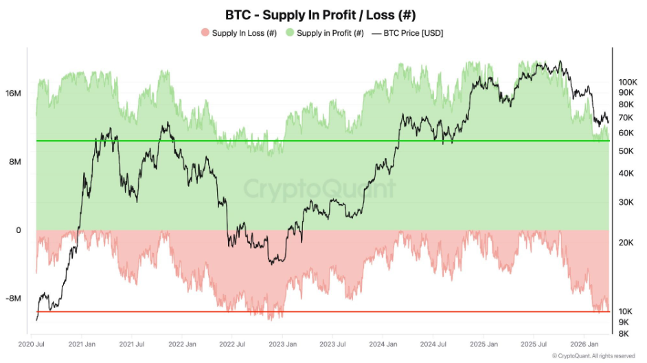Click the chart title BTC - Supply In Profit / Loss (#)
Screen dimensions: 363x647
tap(320, 14)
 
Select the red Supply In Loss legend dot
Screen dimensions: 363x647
tap(204, 32)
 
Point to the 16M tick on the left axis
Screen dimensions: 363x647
tap(14, 93)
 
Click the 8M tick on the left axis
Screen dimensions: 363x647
tap(14, 162)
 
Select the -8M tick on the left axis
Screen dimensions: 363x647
tap(14, 298)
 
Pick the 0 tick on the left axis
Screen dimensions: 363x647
tap(19, 230)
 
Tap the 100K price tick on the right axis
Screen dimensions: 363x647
tap(629, 81)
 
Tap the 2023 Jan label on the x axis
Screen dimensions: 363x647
tap(282, 344)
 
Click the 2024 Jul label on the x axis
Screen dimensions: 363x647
tap(433, 344)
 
